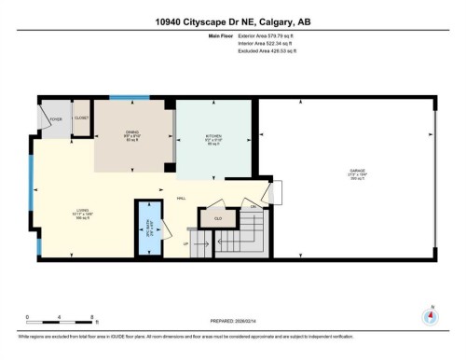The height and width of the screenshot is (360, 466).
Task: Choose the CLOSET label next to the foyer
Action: coord(81,118)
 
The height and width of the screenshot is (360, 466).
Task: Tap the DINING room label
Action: coord(133,133)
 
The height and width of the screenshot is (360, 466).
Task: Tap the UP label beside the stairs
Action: coord(185,244)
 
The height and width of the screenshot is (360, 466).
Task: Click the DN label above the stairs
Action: coord(254,205)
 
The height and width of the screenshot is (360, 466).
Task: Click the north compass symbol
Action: coord(430,315)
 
